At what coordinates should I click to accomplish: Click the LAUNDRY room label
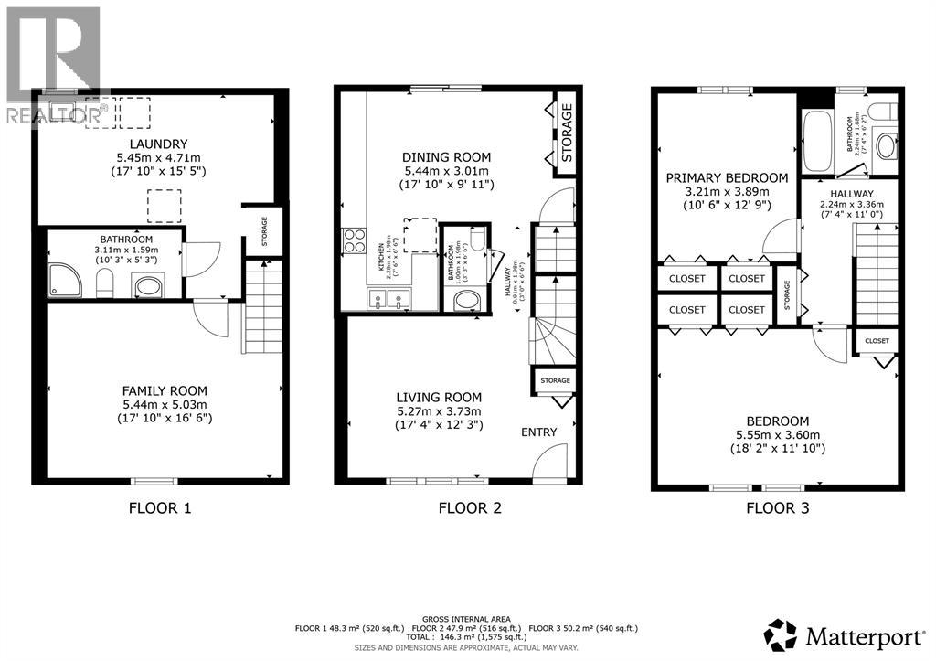pyautogui.click(x=158, y=144)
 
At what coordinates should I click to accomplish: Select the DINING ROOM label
pyautogui.click(x=447, y=156)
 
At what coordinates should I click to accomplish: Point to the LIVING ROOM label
pyautogui.click(x=439, y=397)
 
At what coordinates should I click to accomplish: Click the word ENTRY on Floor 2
pyautogui.click(x=538, y=432)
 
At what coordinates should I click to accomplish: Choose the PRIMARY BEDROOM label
pyautogui.click(x=727, y=177)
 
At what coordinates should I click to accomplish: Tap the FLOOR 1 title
pyautogui.click(x=161, y=507)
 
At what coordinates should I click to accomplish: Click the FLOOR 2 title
pyautogui.click(x=470, y=507)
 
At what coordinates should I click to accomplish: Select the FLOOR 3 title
pyautogui.click(x=777, y=507)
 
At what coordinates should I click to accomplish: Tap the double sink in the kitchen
pyautogui.click(x=388, y=298)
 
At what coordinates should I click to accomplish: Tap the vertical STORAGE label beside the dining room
pyautogui.click(x=567, y=133)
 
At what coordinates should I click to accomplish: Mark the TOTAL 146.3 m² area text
pyautogui.click(x=467, y=638)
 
